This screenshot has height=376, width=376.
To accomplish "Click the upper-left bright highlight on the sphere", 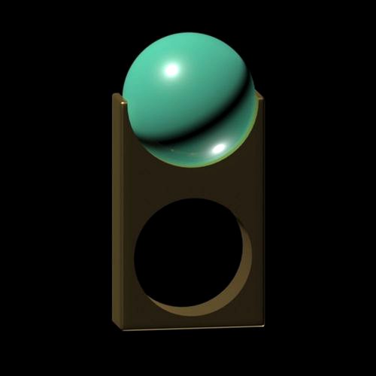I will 171,70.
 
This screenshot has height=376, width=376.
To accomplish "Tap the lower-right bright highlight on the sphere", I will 219,149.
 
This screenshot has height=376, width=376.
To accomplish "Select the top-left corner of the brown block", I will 114,94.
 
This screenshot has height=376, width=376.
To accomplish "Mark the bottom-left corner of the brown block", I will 114,325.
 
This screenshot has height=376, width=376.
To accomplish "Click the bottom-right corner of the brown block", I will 264,325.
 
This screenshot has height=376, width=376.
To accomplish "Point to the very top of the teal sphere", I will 188,33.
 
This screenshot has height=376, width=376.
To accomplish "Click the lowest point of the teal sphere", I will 188,167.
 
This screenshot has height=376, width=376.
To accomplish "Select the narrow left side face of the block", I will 118,211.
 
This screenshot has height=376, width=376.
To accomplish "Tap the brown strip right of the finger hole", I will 253,256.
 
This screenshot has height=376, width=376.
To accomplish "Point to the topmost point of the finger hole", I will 190,199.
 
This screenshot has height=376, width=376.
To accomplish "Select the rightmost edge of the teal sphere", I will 255,98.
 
